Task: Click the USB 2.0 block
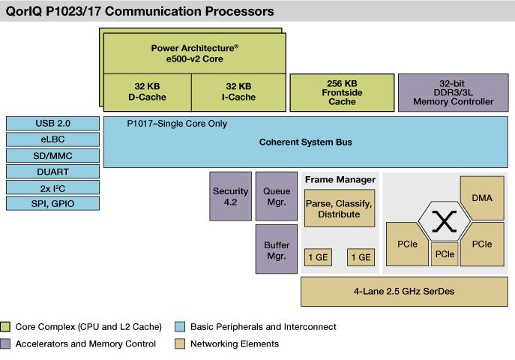(x=52, y=124)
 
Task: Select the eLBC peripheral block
(x=52, y=139)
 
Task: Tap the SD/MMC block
(x=52, y=156)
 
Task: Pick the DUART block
(x=52, y=172)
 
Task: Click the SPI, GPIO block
(x=52, y=204)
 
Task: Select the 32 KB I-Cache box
(x=235, y=91)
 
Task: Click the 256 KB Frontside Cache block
(x=340, y=92)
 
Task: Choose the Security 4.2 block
(x=230, y=196)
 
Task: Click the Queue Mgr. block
(x=277, y=196)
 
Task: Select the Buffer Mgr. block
(x=277, y=250)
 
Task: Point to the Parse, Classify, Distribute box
(x=339, y=209)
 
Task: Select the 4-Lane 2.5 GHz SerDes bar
(x=403, y=291)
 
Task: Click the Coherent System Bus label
(x=304, y=142)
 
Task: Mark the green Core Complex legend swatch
(x=7, y=327)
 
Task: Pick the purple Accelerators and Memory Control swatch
(x=7, y=344)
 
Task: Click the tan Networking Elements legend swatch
(x=179, y=344)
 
